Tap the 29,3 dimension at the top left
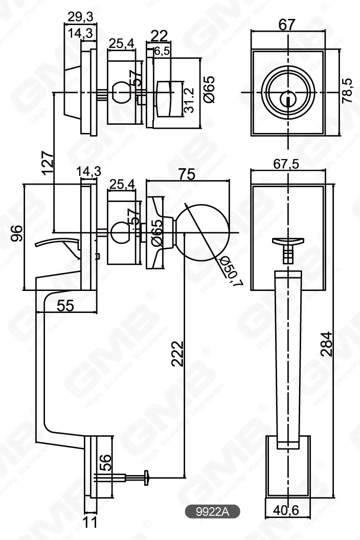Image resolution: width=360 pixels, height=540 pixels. (x=80, y=16)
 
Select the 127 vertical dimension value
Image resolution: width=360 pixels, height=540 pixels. (x=48, y=163)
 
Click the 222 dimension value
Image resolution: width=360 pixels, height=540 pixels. (x=177, y=353)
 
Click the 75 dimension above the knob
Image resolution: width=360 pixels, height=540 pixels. (x=187, y=174)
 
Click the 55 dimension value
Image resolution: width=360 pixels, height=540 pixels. (x=65, y=305)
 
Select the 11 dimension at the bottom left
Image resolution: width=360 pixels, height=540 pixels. (x=89, y=523)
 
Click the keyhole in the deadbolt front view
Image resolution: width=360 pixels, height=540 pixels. (x=288, y=97)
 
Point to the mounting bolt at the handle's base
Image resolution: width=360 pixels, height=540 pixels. (x=126, y=477)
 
